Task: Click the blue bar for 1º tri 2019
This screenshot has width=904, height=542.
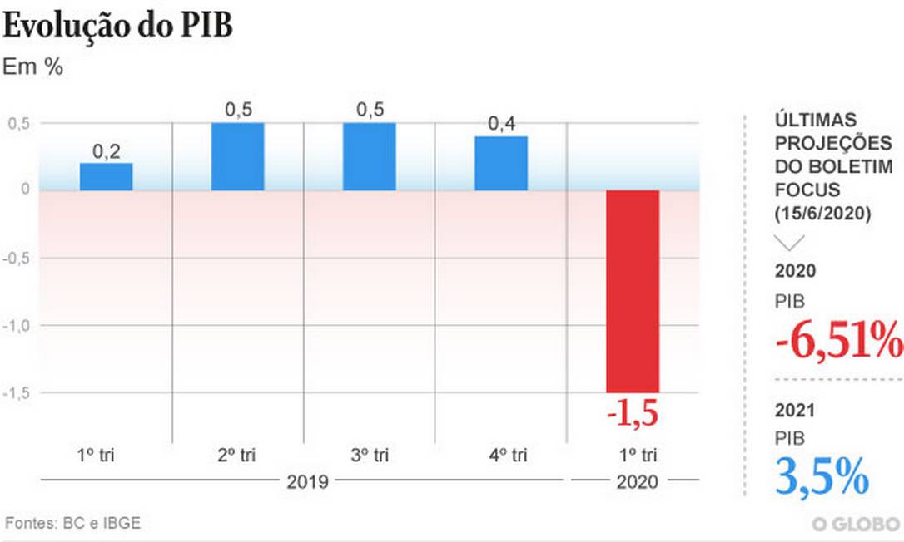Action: click(106, 176)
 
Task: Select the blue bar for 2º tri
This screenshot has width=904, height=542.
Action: click(237, 156)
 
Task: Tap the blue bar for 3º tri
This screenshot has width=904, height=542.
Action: click(369, 156)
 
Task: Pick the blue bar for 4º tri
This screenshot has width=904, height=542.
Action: click(501, 163)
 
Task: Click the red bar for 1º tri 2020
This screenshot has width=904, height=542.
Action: click(633, 291)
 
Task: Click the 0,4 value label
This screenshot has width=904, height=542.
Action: click(501, 124)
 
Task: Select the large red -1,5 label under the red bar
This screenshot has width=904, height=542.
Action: click(633, 413)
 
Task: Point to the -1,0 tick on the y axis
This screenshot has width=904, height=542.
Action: click(18, 325)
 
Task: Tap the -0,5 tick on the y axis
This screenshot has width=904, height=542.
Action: click(18, 258)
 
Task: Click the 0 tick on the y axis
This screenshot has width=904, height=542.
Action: click(25, 190)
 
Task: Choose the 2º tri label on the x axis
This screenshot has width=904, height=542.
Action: click(237, 455)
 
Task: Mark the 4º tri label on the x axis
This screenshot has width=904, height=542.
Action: click(501, 455)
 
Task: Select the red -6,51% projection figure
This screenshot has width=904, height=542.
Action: click(838, 341)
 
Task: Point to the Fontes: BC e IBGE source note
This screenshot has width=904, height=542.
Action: click(73, 523)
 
